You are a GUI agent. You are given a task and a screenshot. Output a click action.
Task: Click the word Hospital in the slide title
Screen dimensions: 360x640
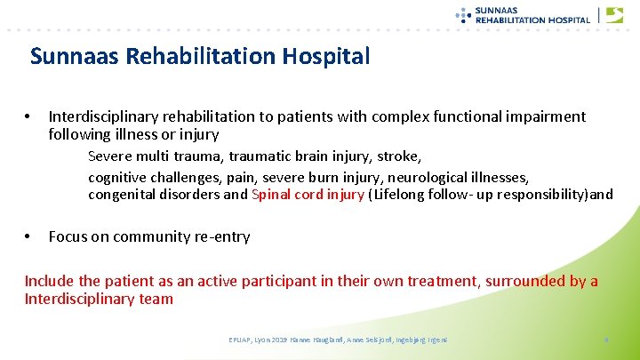click(x=326, y=56)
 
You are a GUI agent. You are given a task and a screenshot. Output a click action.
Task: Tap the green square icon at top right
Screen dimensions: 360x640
click(x=613, y=15)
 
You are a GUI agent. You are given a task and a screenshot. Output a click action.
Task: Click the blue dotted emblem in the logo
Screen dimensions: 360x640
click(x=462, y=14)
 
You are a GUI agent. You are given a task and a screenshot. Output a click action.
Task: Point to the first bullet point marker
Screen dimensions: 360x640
click(x=28, y=116)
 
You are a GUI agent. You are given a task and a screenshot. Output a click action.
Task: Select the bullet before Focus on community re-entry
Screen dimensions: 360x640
click(x=28, y=236)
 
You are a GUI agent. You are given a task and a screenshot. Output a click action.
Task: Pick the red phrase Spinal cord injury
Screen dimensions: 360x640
click(x=308, y=194)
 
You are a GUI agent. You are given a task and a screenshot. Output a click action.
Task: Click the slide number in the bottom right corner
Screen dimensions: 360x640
click(x=604, y=339)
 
